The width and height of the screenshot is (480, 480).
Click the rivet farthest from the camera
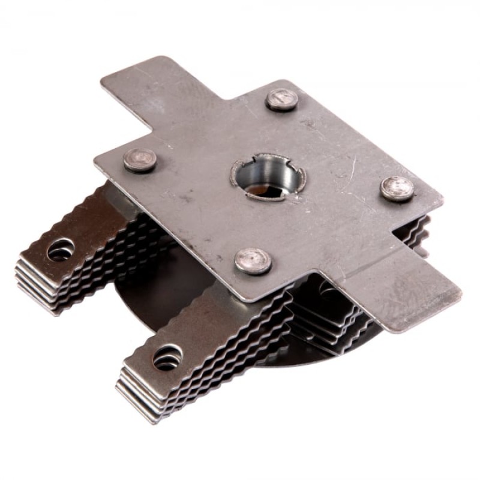pyautogui.click(x=281, y=100)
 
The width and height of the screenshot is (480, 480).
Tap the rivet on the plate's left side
pyautogui.click(x=140, y=160)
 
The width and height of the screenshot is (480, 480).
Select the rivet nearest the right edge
pyautogui.click(x=397, y=188)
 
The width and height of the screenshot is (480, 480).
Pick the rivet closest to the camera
pyautogui.click(x=253, y=261)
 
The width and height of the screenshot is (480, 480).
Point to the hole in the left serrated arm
pyautogui.click(x=61, y=250)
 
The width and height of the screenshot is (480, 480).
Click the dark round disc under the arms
pyautogui.click(x=144, y=300)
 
